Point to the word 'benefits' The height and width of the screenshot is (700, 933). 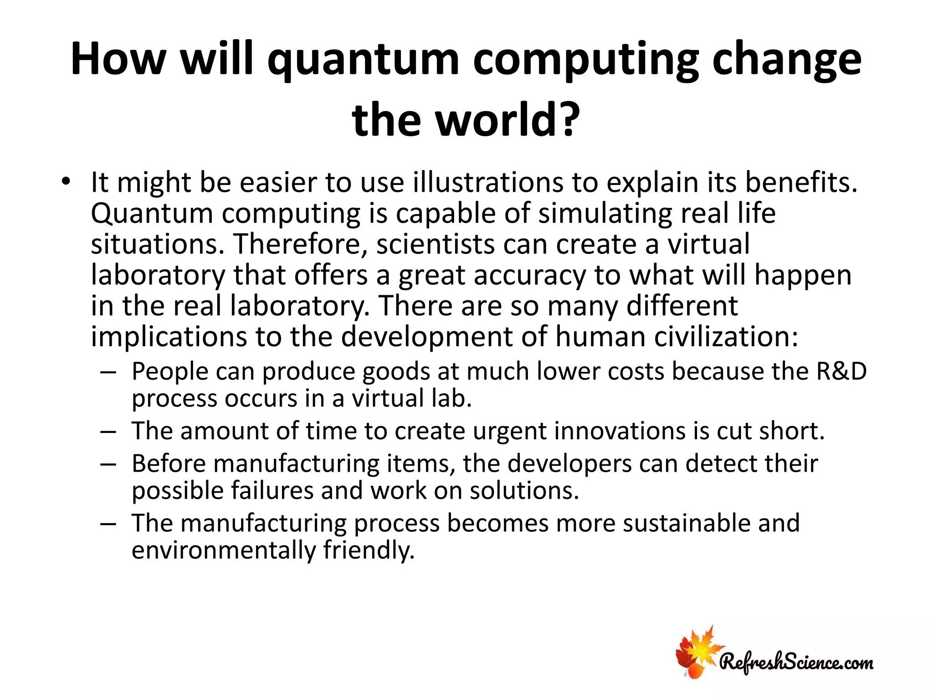(x=800, y=182)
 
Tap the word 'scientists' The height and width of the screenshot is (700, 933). (x=436, y=244)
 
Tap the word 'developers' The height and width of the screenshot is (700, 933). (x=569, y=463)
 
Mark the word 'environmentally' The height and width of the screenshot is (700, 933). (x=223, y=550)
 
